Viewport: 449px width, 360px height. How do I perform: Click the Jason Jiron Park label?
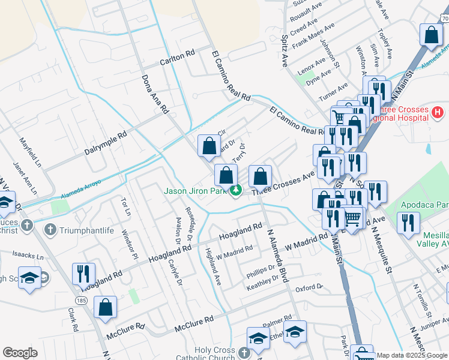click(x=196, y=191)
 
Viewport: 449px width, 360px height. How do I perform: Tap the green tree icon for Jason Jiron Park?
click(x=236, y=191)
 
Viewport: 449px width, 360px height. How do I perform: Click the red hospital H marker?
click(x=438, y=112)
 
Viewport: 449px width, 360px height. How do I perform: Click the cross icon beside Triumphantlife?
click(x=50, y=229)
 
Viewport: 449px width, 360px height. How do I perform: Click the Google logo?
click(x=20, y=353)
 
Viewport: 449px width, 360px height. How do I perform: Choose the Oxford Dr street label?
click(x=309, y=288)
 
